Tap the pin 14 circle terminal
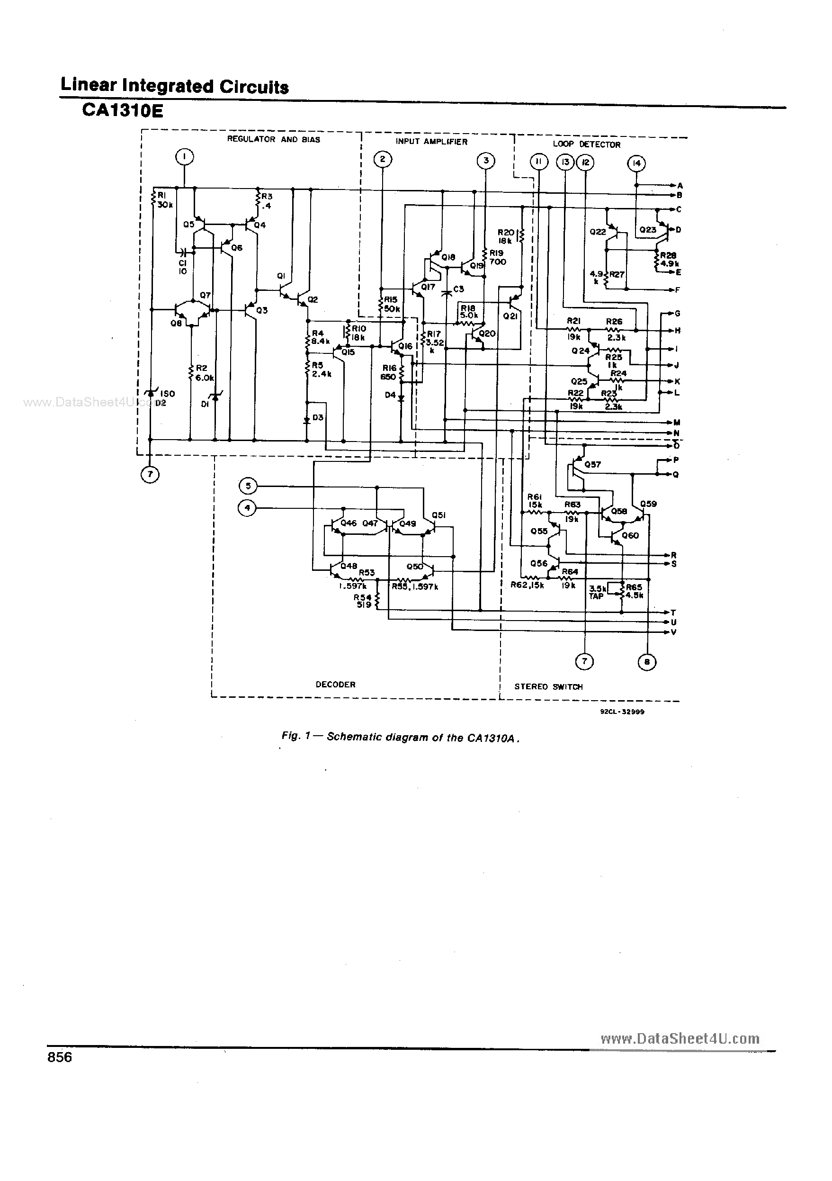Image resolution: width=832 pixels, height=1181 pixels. (636, 163)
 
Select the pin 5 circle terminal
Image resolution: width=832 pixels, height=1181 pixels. (248, 486)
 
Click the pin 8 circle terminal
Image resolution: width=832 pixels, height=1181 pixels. (647, 661)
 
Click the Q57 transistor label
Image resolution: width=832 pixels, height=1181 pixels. (592, 464)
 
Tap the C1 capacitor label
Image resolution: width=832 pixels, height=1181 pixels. (182, 266)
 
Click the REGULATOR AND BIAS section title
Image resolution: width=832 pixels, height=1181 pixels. (274, 139)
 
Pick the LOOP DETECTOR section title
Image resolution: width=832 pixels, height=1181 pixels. (586, 144)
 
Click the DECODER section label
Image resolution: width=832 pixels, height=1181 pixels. (335, 684)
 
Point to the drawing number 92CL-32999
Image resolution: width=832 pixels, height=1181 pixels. (622, 712)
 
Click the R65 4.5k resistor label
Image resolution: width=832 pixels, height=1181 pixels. (634, 591)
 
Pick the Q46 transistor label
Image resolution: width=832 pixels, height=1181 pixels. (348, 523)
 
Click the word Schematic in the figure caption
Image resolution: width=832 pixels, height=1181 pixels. (349, 737)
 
